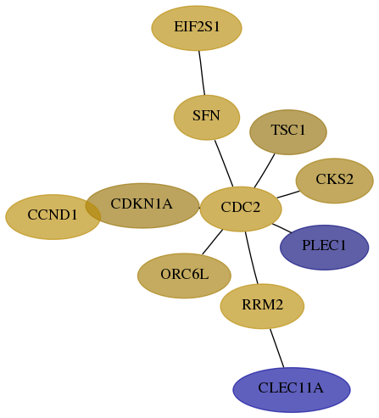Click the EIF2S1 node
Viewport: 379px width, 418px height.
[197, 28]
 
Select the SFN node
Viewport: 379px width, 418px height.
[207, 117]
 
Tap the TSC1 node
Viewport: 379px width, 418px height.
[288, 132]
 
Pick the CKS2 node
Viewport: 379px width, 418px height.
[335, 181]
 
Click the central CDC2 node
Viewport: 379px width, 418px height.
[241, 209]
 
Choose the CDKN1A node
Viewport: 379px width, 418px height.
[142, 205]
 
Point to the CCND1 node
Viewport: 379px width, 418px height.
[53, 217]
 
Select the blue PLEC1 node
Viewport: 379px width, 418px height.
[325, 248]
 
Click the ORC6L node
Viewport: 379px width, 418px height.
[184, 276]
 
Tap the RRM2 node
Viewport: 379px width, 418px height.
[262, 306]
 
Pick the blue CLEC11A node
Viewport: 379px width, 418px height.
[292, 390]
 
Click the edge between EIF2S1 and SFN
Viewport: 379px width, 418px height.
[202, 73]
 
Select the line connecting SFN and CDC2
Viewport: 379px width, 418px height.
[224, 164]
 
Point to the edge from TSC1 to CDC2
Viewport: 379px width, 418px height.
[265, 170]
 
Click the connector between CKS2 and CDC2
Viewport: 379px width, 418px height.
[288, 194]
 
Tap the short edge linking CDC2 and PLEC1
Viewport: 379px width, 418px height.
[281, 228]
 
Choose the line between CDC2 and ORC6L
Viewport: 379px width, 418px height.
[213, 242]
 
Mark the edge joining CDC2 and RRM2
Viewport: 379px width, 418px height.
[252, 258]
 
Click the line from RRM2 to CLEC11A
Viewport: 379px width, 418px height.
[276, 348]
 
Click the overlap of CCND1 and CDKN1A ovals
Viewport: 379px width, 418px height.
[93, 209]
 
